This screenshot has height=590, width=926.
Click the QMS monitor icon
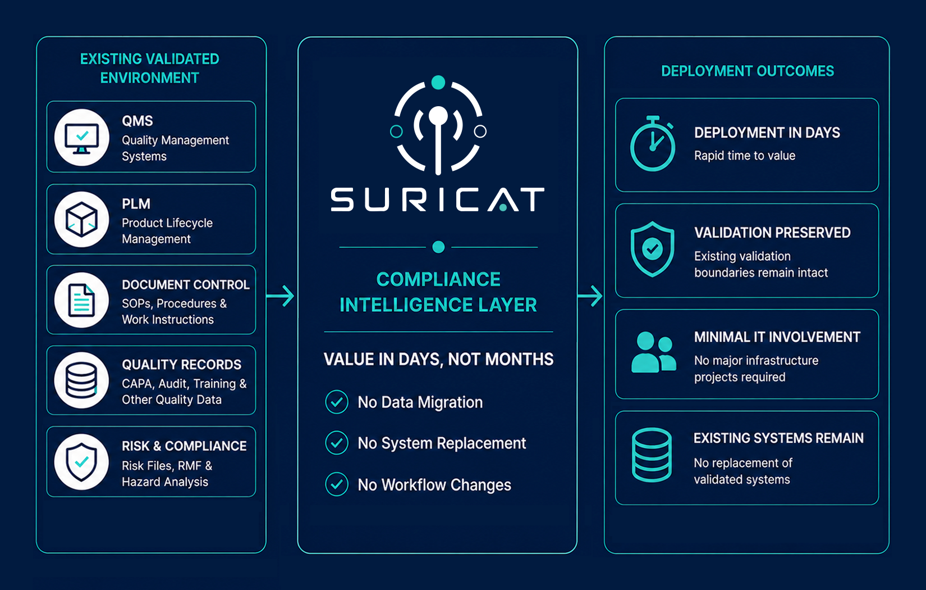click(x=82, y=138)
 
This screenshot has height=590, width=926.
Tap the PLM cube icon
click(x=82, y=220)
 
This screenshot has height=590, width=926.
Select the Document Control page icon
click(x=81, y=300)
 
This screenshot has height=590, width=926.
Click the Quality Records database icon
click(x=82, y=380)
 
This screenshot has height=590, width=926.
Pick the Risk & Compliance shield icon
click(x=82, y=462)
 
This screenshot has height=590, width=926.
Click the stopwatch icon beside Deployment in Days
click(x=653, y=144)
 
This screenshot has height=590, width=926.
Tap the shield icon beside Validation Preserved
click(x=652, y=249)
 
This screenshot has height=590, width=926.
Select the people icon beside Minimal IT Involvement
click(x=654, y=352)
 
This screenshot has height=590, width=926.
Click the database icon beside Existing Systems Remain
click(x=652, y=455)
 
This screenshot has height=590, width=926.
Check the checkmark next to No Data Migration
click(x=337, y=402)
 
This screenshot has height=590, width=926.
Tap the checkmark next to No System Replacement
click(x=337, y=443)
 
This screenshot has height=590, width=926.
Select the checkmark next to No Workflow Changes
click(x=337, y=484)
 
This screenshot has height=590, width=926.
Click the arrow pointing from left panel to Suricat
click(x=280, y=296)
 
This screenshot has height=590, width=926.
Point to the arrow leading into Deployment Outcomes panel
click(x=590, y=296)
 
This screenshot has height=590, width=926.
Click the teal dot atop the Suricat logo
click(x=438, y=83)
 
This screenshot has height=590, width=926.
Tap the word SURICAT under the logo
click(x=437, y=199)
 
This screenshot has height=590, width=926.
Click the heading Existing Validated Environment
click(x=150, y=69)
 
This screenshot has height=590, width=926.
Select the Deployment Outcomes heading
click(x=748, y=71)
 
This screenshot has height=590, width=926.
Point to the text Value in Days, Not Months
click(x=439, y=360)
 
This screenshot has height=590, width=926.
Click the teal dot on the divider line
click(x=438, y=247)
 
